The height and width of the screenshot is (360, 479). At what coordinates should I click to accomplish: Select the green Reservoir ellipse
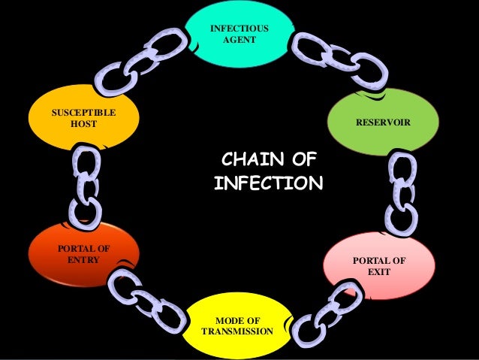tap(383, 120)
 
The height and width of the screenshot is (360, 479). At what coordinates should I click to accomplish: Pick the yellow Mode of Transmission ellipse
tap(239, 331)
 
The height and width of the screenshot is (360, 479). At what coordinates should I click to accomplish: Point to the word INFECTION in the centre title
tap(268, 183)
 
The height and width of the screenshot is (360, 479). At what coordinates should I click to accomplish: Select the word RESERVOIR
tap(383, 121)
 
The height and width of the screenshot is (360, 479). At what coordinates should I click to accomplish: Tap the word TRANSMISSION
tap(238, 331)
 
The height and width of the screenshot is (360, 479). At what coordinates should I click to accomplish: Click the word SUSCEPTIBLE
tap(83, 113)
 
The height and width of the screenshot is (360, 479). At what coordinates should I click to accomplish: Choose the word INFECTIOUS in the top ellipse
tap(239, 29)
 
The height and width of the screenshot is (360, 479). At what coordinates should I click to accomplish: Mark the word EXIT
tap(379, 271)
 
